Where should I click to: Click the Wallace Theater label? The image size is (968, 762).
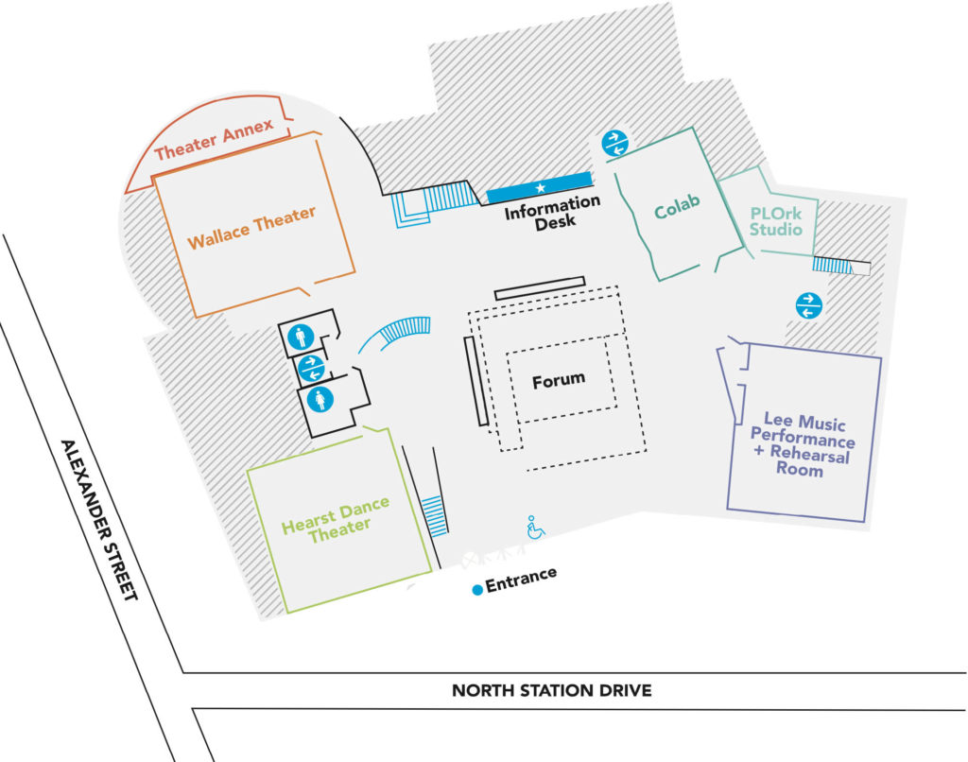pyautogui.click(x=251, y=228)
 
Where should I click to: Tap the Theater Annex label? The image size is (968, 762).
pyautogui.click(x=214, y=139)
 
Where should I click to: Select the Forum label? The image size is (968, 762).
pyautogui.click(x=558, y=380)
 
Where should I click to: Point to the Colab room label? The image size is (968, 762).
pyautogui.click(x=676, y=209)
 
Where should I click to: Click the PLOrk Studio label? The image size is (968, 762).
pyautogui.click(x=776, y=222)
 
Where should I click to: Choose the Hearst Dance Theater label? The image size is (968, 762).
pyautogui.click(x=335, y=517)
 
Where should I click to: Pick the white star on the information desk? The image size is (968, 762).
pyautogui.click(x=541, y=189)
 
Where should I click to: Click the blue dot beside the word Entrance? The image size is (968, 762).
pyautogui.click(x=478, y=589)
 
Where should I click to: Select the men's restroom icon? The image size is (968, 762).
pyautogui.click(x=300, y=336)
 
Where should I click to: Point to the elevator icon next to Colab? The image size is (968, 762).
pyautogui.click(x=614, y=145)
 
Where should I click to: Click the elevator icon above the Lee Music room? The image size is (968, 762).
pyautogui.click(x=809, y=305)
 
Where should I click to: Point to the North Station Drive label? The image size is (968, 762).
pyautogui.click(x=551, y=690)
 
